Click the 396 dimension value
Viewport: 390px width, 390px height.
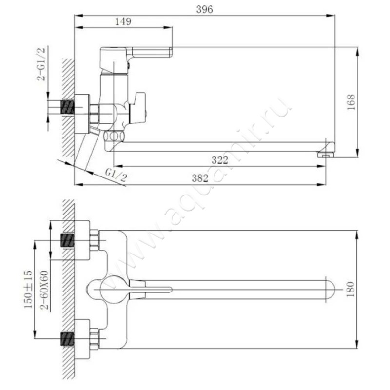pos(204,9)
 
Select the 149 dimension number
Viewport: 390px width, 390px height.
pos(123,21)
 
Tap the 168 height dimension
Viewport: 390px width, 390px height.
pos(351,102)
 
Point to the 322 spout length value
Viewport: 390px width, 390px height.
pos(220,160)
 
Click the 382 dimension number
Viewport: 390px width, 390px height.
pos(200,178)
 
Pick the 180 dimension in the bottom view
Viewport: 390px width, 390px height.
pos(351,289)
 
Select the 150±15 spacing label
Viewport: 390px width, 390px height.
pos(28,289)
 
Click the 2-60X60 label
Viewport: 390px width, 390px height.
pos(45,290)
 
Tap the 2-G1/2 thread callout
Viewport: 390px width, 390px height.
pos(41,64)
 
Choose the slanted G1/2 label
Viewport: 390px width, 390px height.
pos(116,175)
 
